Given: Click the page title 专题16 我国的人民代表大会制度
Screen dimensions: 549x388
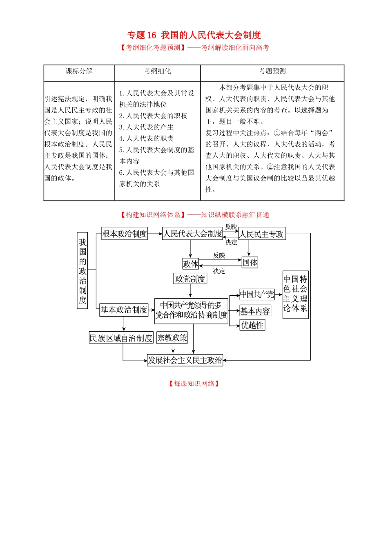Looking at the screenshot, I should (194, 35).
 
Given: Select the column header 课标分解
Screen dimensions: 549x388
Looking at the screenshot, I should (79, 71).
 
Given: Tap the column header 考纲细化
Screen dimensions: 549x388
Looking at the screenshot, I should (157, 71).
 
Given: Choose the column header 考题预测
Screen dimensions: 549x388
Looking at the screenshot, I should (272, 71).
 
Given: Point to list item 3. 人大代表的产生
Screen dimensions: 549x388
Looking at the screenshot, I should (146, 127).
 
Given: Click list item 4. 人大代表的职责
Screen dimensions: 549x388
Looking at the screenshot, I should (146, 138).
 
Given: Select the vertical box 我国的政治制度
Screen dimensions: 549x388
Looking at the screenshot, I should (83, 270).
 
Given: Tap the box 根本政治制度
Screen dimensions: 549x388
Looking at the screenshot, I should (124, 234).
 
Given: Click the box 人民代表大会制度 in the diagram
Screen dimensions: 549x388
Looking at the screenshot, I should (192, 233).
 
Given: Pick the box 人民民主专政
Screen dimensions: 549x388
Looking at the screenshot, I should (262, 234).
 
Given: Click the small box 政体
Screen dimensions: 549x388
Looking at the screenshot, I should (190, 263).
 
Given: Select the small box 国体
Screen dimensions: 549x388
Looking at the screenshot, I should (250, 262).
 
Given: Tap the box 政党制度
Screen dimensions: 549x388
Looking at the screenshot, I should (190, 279).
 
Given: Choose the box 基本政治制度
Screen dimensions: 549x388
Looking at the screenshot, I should (123, 310).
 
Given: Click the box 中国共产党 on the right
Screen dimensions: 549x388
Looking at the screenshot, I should (257, 294).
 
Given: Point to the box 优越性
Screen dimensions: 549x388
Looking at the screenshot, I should (252, 325).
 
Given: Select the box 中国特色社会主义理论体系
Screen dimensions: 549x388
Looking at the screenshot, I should (295, 294).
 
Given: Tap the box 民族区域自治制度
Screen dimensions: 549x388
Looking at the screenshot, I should (121, 338).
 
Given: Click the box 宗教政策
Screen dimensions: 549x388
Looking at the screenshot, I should (172, 337).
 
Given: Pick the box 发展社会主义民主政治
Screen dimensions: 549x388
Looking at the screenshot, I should (185, 360).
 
